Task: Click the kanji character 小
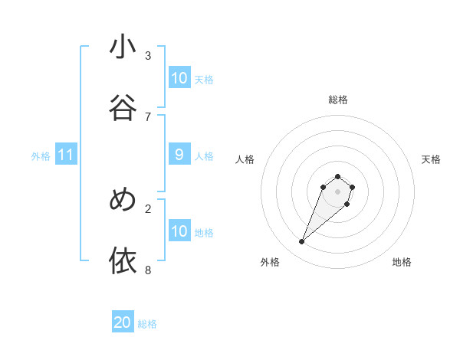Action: click(123, 47)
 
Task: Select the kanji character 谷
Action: click(123, 108)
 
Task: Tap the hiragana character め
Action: click(123, 200)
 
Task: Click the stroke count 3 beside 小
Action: click(148, 55)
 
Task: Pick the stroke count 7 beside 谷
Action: click(148, 116)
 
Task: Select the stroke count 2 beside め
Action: click(148, 208)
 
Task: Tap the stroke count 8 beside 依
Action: click(148, 270)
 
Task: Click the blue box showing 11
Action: click(66, 155)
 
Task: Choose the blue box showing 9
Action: click(179, 155)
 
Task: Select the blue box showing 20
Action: click(123, 322)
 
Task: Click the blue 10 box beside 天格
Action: click(179, 78)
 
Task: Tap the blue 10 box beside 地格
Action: click(179, 231)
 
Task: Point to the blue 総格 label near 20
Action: click(147, 324)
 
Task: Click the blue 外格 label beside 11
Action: click(41, 156)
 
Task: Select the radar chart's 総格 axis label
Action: click(338, 100)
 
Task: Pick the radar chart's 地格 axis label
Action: click(402, 262)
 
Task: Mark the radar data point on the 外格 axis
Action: click(302, 242)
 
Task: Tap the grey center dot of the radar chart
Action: click(338, 191)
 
